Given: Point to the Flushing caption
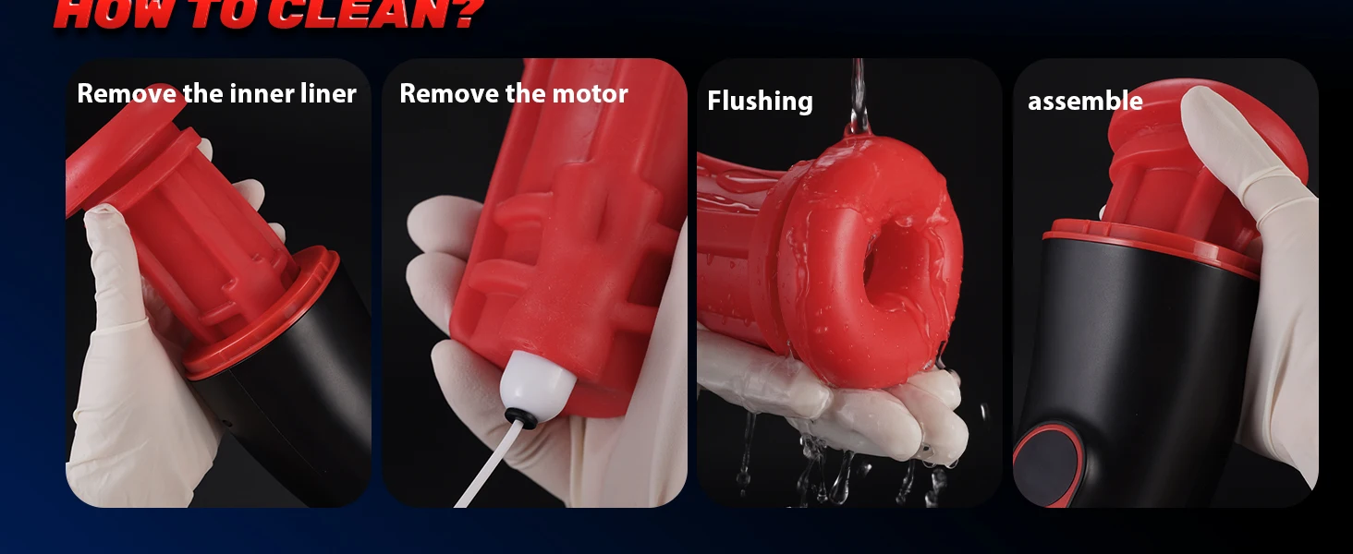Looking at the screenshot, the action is pos(760,101).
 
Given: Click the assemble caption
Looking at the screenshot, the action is pos(1085,101).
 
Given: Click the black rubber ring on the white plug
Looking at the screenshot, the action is pos(520,417).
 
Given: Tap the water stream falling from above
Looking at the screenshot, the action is pos(859,97).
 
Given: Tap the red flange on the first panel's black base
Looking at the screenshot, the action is pos(261,314).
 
